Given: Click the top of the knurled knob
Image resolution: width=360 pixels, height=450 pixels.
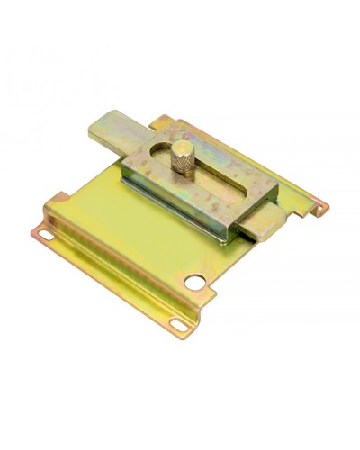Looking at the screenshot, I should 183,148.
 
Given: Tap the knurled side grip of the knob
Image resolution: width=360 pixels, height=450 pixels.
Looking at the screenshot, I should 183,165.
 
